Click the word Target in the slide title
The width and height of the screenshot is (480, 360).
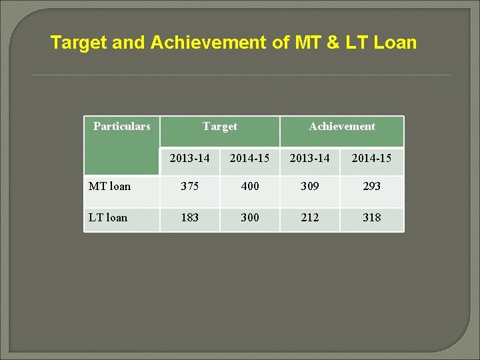(79, 43)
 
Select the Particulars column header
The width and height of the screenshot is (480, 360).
(122, 126)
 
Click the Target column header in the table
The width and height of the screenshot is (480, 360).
(219, 126)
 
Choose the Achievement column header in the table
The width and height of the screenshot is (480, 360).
(341, 126)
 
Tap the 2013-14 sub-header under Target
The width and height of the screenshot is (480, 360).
(189, 159)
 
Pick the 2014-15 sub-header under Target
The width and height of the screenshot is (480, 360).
(249, 159)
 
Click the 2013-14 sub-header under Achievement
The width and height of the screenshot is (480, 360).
(309, 159)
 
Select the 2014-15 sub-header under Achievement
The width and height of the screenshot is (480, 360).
(371, 159)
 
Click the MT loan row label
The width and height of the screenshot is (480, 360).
(110, 186)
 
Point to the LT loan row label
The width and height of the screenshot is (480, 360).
(108, 217)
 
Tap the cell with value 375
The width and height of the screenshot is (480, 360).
(189, 187)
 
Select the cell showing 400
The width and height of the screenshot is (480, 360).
(249, 187)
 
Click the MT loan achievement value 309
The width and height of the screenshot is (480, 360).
(309, 187)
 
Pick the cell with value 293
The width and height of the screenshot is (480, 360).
(371, 187)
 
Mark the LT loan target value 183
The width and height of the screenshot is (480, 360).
(189, 217)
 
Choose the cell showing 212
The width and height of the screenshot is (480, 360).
(309, 217)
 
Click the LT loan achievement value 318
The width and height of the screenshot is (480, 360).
(371, 217)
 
